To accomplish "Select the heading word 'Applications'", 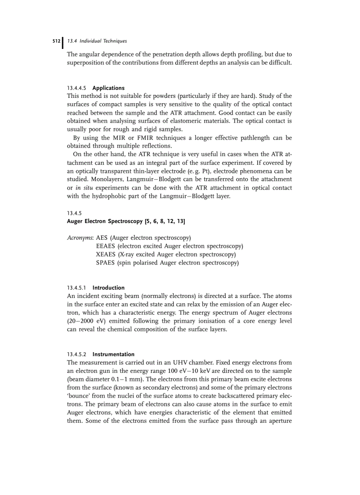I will (109, 88).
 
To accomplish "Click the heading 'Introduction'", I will (109, 288).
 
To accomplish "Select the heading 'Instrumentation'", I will (113, 354).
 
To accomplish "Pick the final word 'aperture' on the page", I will (278, 430).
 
